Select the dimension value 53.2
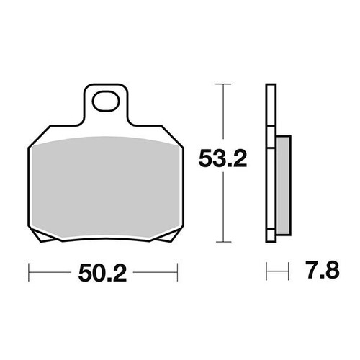click(223, 159)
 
